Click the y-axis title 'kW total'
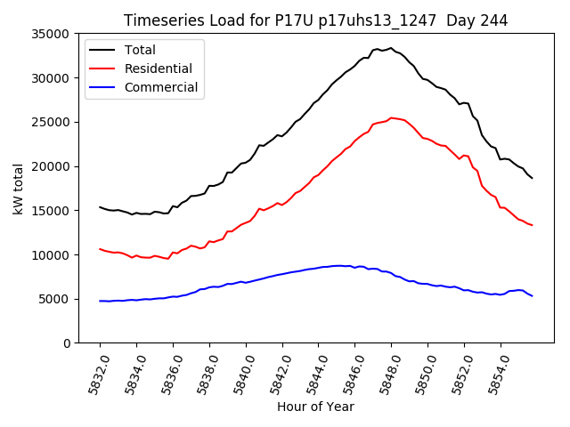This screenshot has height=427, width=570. point(18,189)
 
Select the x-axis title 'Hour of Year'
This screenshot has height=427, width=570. point(315,407)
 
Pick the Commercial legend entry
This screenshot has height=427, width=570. point(161,87)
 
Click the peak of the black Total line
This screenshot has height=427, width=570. point(391,48)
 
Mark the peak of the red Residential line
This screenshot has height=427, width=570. point(391,117)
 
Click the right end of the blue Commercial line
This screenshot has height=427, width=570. point(533,295)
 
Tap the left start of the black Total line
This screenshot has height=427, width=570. point(100,207)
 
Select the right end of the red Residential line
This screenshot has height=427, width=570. point(533,225)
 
